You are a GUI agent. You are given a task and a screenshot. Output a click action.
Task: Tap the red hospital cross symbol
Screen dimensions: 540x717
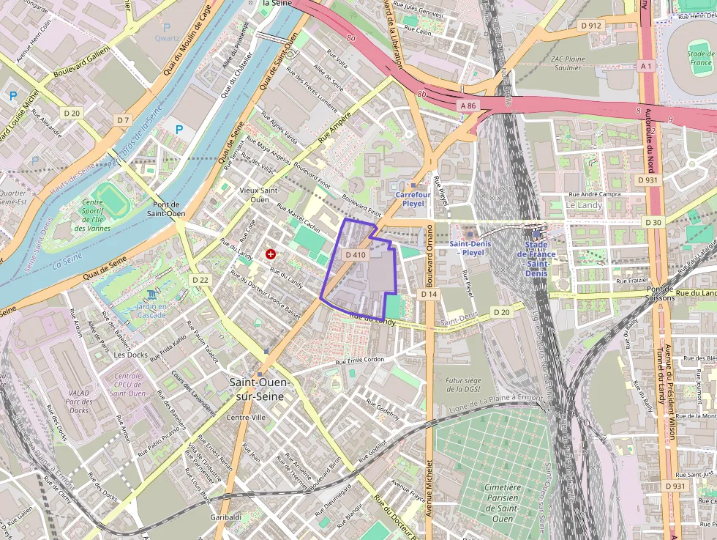(271, 254)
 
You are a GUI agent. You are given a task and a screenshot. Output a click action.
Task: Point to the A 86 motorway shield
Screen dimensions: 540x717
(468, 106)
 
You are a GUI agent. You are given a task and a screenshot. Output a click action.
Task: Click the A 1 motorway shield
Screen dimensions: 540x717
(645, 66)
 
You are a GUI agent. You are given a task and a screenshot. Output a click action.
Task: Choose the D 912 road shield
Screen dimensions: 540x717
(590, 26)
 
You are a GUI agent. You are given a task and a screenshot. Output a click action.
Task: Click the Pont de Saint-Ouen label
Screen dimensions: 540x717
(169, 209)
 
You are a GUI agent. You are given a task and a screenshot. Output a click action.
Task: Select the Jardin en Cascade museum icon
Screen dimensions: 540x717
(151, 293)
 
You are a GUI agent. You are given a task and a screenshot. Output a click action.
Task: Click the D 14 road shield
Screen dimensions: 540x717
(429, 294)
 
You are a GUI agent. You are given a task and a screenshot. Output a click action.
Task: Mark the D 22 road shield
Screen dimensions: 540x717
(200, 280)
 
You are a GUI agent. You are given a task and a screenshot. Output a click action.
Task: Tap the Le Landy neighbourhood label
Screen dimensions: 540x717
(584, 206)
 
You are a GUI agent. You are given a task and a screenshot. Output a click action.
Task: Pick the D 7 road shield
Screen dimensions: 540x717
(122, 119)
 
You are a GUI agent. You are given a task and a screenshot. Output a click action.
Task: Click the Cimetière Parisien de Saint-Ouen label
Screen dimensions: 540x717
(502, 503)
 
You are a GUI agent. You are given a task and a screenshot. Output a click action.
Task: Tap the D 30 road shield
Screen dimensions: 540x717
(653, 222)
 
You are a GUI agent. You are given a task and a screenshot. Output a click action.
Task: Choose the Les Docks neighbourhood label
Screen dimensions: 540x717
(131, 355)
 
